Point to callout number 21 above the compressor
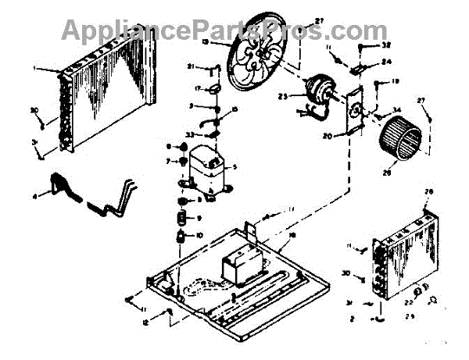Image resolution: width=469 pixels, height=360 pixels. point(191,66)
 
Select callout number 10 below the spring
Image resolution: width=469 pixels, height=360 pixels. point(199,236)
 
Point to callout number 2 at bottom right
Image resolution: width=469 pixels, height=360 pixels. point(352,318)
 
